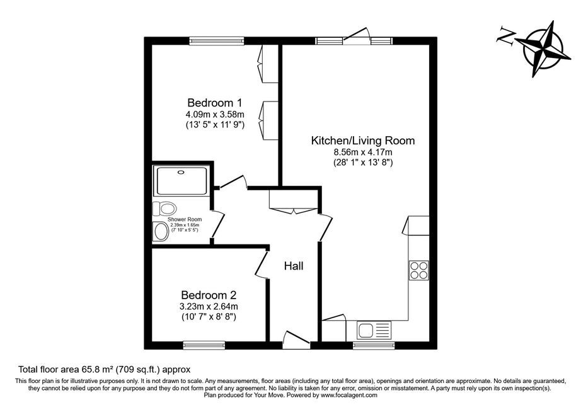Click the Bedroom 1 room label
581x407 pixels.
(x=214, y=102)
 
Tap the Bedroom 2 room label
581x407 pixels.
(x=209, y=295)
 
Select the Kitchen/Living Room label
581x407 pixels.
(x=363, y=140)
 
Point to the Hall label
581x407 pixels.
(x=294, y=266)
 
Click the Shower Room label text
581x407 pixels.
(x=185, y=220)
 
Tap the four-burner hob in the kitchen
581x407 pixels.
(x=418, y=270)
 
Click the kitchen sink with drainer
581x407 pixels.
(x=374, y=330)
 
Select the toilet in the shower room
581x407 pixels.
(x=164, y=209)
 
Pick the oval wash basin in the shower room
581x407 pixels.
(x=161, y=232)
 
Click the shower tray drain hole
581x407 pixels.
(x=181, y=172)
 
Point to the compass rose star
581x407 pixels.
(x=544, y=49)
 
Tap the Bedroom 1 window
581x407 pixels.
(x=217, y=41)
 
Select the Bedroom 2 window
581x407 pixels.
(x=204, y=345)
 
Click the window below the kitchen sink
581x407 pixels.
(x=374, y=345)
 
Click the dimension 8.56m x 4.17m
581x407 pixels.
(x=363, y=152)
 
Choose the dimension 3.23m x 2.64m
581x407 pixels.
(x=209, y=307)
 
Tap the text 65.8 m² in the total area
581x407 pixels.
(x=98, y=369)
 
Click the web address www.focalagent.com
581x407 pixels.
(x=348, y=395)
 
